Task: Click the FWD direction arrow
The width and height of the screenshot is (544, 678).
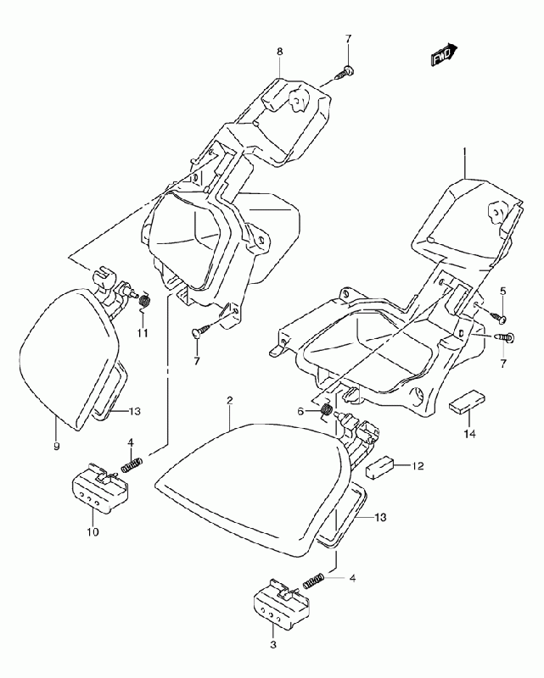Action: tap(444, 54)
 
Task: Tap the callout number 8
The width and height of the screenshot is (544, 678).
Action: tap(280, 52)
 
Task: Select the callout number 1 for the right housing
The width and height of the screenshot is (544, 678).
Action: tap(464, 152)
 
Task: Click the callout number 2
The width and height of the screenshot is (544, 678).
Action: tap(229, 400)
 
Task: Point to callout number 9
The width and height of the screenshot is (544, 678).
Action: tap(56, 447)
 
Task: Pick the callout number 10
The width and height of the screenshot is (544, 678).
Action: tap(93, 531)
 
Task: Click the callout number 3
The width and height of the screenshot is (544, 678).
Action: tap(273, 645)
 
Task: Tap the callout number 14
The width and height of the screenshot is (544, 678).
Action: tap(469, 433)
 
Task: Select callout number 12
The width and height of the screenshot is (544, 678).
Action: tap(418, 466)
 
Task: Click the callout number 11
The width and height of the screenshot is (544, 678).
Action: tap(143, 333)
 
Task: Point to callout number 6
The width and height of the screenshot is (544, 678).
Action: tap(300, 412)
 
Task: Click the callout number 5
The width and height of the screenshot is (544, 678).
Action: tap(503, 291)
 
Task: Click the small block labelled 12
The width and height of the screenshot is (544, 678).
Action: tap(380, 468)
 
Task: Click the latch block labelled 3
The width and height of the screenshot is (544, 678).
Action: tap(282, 604)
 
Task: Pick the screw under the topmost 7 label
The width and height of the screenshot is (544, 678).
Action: tap(345, 72)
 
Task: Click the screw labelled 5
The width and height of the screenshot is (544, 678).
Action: tap(497, 317)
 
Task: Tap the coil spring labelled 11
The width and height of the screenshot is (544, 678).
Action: tap(144, 300)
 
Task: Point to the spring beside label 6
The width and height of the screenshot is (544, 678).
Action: tap(326, 411)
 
